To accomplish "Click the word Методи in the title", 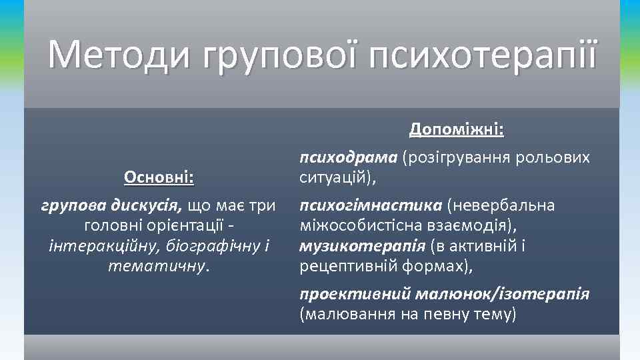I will [110, 55].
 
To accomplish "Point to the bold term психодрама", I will [348, 157].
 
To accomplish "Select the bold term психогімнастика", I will [371, 205].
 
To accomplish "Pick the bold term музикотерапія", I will [362, 246].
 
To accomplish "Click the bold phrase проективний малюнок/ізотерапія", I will [444, 293].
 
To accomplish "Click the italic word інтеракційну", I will [97, 246].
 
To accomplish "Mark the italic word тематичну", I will [157, 266].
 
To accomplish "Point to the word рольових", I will [559, 157].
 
